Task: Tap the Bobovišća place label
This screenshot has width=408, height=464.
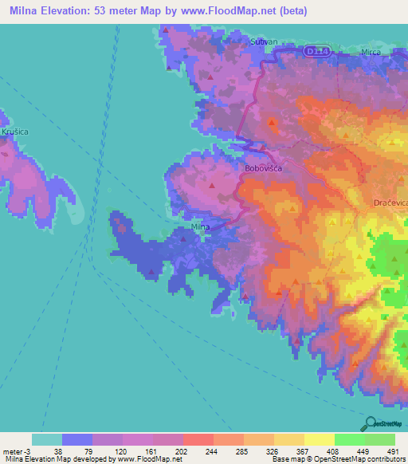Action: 265,169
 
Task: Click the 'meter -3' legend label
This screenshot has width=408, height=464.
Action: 16,451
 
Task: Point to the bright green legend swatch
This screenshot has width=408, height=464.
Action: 350,439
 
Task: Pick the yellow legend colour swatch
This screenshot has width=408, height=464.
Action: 320,439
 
